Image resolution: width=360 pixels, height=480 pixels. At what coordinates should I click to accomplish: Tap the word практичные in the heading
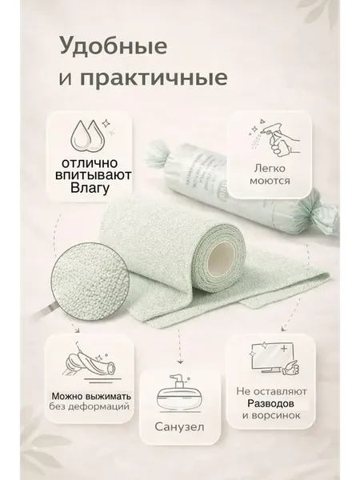(154, 78)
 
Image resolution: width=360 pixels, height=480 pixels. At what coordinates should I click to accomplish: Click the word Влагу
(90, 187)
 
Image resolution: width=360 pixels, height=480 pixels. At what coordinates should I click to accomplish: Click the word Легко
(270, 169)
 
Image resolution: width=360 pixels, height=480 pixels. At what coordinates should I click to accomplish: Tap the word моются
(270, 181)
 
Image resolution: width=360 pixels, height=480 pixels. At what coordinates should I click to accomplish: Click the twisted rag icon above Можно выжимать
(91, 364)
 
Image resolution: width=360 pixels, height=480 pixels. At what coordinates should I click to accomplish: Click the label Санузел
(179, 426)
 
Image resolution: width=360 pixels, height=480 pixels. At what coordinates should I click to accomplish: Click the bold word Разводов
(270, 403)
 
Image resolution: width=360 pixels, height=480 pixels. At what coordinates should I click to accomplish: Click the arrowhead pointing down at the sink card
(180, 362)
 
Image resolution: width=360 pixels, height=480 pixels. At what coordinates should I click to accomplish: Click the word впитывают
(93, 175)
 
